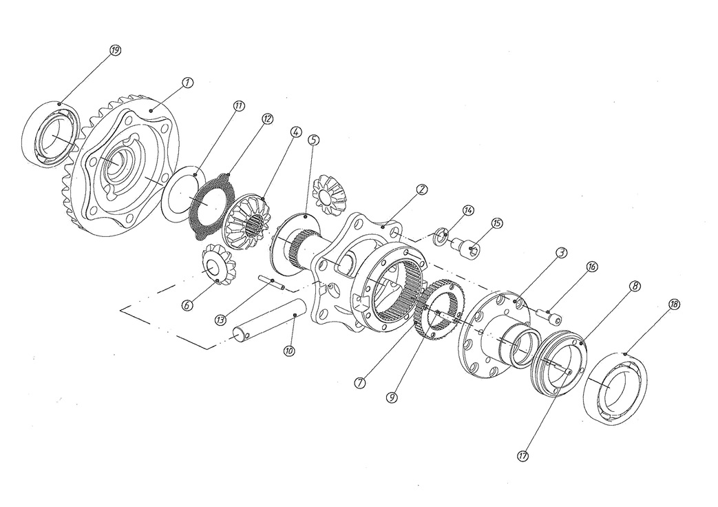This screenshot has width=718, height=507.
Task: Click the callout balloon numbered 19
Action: click(115, 50)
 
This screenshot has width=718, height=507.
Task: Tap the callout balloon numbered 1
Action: click(187, 82)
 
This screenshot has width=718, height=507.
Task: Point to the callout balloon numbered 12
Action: click(266, 118)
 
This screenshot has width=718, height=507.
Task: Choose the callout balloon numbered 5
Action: click(313, 139)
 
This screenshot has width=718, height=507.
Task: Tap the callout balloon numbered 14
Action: click(468, 209)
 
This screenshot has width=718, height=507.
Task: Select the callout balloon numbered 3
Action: click(561, 253)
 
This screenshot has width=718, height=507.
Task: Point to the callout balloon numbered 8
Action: click(634, 284)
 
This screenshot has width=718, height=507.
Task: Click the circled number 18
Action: click(673, 304)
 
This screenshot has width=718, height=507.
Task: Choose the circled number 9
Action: click(391, 397)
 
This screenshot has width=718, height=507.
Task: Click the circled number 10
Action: click(289, 351)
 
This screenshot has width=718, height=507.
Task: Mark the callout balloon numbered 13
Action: click(220, 320)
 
